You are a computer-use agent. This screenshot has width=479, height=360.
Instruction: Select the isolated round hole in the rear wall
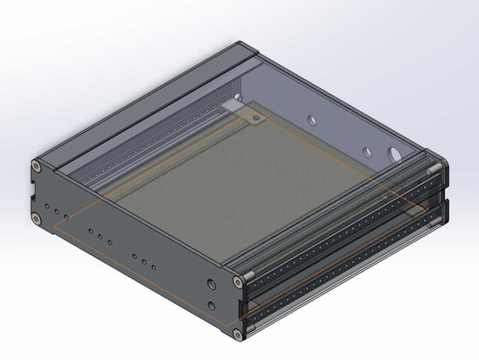pos(311,120)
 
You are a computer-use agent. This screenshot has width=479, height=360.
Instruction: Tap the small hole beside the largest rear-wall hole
pos(366,152)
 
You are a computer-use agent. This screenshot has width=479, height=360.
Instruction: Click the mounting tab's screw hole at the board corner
pos(257,118)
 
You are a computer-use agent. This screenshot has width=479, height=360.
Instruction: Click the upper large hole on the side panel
pos(212,284)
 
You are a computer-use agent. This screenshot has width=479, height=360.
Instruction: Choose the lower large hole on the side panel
pos(212,305)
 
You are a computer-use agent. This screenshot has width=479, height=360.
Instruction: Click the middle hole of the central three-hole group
pos(100,237)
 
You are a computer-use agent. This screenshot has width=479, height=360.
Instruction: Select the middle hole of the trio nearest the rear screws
pos(56,211)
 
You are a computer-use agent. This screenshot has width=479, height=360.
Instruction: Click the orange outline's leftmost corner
pos(53,226)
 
